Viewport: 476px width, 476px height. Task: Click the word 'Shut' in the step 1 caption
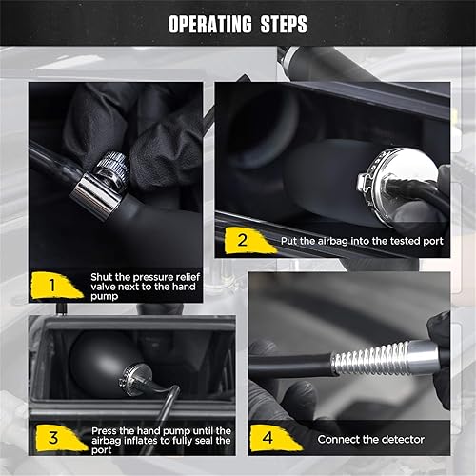(x=103, y=275)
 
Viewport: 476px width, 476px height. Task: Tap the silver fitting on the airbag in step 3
(x=139, y=381)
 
